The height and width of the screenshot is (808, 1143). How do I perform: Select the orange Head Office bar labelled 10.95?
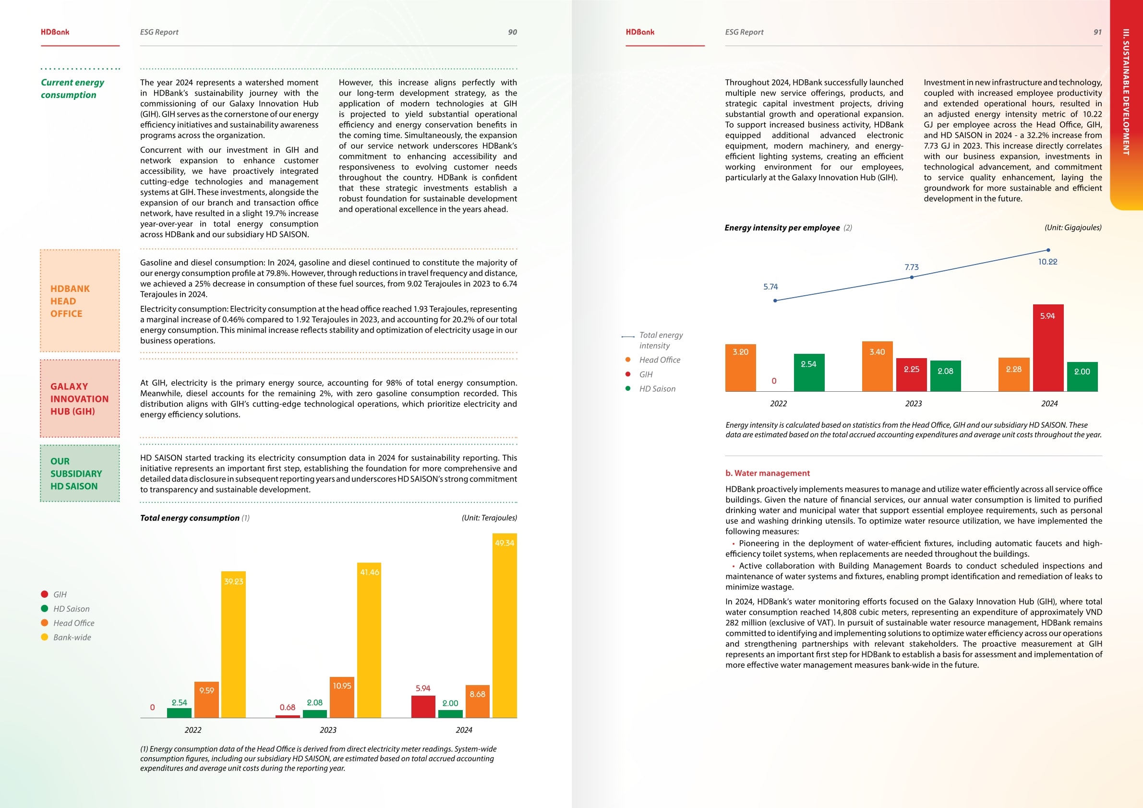[x=342, y=697]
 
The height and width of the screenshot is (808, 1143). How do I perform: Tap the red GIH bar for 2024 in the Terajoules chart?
[x=423, y=706]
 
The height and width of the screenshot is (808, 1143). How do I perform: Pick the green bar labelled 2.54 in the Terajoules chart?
[x=179, y=712]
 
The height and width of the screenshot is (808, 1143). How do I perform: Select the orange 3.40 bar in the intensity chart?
[x=877, y=366]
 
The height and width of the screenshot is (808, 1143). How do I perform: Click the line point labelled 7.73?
[x=912, y=277]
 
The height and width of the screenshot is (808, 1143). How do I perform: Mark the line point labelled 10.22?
[x=1048, y=251]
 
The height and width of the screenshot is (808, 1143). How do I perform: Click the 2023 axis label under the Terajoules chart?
[x=328, y=730]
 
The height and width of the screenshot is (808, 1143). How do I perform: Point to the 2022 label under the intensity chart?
[x=779, y=403]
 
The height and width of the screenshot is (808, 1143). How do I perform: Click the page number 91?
[x=1097, y=32]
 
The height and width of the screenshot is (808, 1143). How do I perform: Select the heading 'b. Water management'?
[x=767, y=473]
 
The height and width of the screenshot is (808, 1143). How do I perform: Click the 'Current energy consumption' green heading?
[x=72, y=89]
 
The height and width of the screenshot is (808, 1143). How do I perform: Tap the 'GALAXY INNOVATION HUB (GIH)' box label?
[x=79, y=399]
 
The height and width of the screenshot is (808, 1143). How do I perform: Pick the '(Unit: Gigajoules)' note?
[x=1073, y=228]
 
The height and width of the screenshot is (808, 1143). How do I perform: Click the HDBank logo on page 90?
[x=55, y=32]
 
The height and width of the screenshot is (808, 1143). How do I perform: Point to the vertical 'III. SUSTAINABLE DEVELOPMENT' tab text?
[x=1126, y=92]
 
